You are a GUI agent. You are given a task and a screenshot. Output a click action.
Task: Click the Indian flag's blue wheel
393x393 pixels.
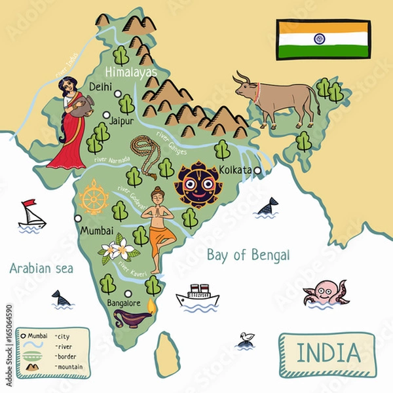coord(320,38)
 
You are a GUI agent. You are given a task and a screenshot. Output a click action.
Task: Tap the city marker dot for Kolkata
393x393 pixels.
coord(258,171)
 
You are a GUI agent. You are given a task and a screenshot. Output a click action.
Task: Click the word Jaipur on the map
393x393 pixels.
coord(122,121)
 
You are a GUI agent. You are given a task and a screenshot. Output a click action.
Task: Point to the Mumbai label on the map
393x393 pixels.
coord(96,231)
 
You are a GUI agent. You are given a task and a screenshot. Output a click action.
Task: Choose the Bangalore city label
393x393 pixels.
coord(124,304)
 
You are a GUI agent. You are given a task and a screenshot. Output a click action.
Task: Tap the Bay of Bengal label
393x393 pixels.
coord(248,255)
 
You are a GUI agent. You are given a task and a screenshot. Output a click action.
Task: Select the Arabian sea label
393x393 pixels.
coord(41,267)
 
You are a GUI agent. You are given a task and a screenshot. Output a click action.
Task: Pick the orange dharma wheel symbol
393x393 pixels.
coord(94,196)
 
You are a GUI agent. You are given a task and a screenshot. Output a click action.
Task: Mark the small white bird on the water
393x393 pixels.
coord(246,337)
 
